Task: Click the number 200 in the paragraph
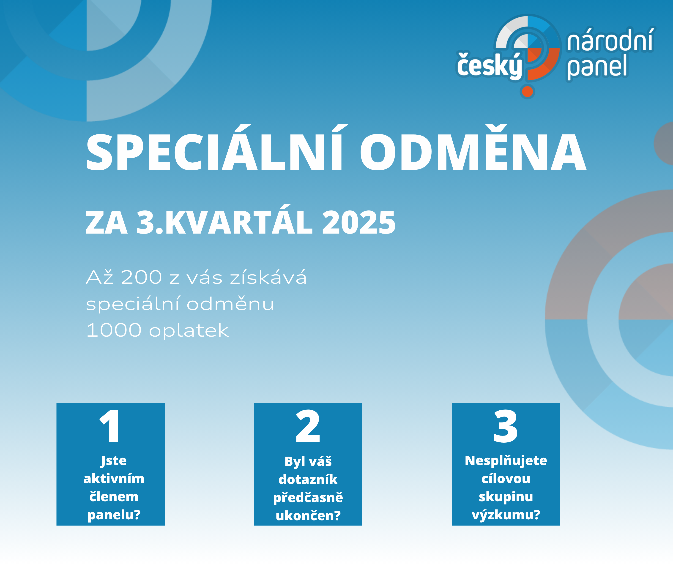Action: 142,277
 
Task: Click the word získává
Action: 268,277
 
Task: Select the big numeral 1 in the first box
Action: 110,426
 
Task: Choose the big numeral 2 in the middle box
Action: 308,426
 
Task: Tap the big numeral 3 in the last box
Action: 506,426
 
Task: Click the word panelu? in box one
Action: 114,515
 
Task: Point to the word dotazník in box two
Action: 308,480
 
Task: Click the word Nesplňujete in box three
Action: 506,461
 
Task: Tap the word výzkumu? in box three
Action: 506,515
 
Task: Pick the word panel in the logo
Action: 597,67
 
